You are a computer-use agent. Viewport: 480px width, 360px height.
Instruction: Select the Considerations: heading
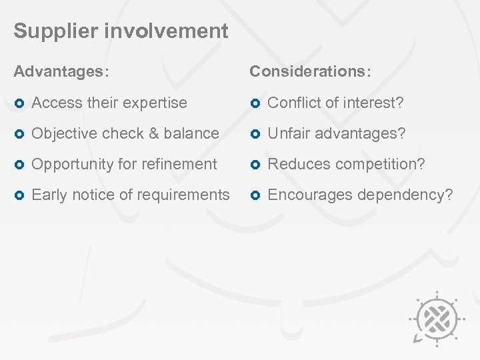pos(311,71)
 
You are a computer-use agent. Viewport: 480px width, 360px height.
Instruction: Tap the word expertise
pos(155,103)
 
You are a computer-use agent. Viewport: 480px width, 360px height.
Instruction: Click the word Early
pos(49,195)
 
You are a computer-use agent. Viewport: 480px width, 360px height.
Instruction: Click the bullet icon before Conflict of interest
pos(255,103)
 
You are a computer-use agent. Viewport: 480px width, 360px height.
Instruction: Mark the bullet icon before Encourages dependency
pos(255,195)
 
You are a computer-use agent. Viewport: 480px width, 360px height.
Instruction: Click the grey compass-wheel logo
pos(436,316)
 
